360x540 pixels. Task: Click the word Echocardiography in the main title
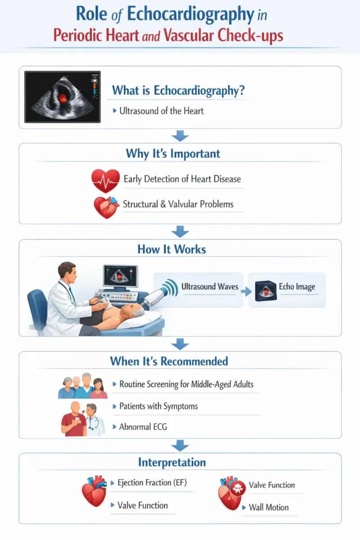coord(190,15)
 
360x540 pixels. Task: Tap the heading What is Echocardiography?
coord(179,90)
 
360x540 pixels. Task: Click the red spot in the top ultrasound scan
coord(63,98)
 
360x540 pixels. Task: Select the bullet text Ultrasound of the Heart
coord(162,111)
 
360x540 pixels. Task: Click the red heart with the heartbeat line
coord(105,180)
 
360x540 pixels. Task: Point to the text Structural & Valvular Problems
coord(178,204)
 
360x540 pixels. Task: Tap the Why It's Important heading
coord(173,154)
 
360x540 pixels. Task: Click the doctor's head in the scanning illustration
coord(67,273)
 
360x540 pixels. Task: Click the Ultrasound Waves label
coord(210,287)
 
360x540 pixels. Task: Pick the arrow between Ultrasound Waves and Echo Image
coord(246,291)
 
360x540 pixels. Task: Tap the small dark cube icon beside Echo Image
coord(265,291)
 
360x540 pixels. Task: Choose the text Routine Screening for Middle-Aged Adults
coord(186,384)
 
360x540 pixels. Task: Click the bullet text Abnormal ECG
coord(143,427)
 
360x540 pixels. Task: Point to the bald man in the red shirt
coord(74,419)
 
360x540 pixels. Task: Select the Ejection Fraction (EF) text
coord(152,482)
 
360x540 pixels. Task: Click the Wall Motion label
coord(269,508)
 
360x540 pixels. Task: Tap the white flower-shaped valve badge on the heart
coord(238,488)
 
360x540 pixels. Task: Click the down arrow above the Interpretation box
coord(180,445)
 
